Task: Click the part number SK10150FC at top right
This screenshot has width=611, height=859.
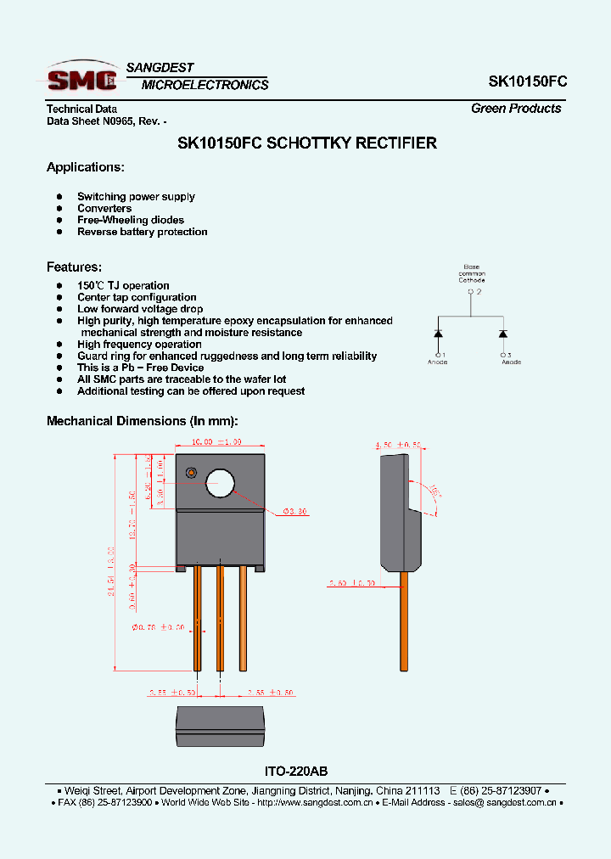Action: click(527, 81)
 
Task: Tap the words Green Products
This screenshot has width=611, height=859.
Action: click(516, 109)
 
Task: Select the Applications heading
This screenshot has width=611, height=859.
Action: click(85, 167)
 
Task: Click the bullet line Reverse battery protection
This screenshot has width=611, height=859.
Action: click(142, 232)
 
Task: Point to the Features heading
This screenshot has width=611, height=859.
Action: click(74, 267)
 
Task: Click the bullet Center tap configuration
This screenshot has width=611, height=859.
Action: click(137, 297)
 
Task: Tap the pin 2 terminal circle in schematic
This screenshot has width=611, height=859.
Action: click(471, 292)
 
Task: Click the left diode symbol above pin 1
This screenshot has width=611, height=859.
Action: click(438, 333)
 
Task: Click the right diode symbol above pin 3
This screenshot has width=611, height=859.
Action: click(503, 333)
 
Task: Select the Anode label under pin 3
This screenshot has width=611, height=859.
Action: click(511, 362)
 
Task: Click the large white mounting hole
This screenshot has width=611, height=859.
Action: click(220, 483)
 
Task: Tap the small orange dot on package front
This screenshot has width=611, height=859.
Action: click(191, 472)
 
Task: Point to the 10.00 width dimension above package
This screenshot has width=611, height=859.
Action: click(216, 442)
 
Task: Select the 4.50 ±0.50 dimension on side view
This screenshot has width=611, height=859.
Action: click(398, 445)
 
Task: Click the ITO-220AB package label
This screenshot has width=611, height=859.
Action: click(290, 772)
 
